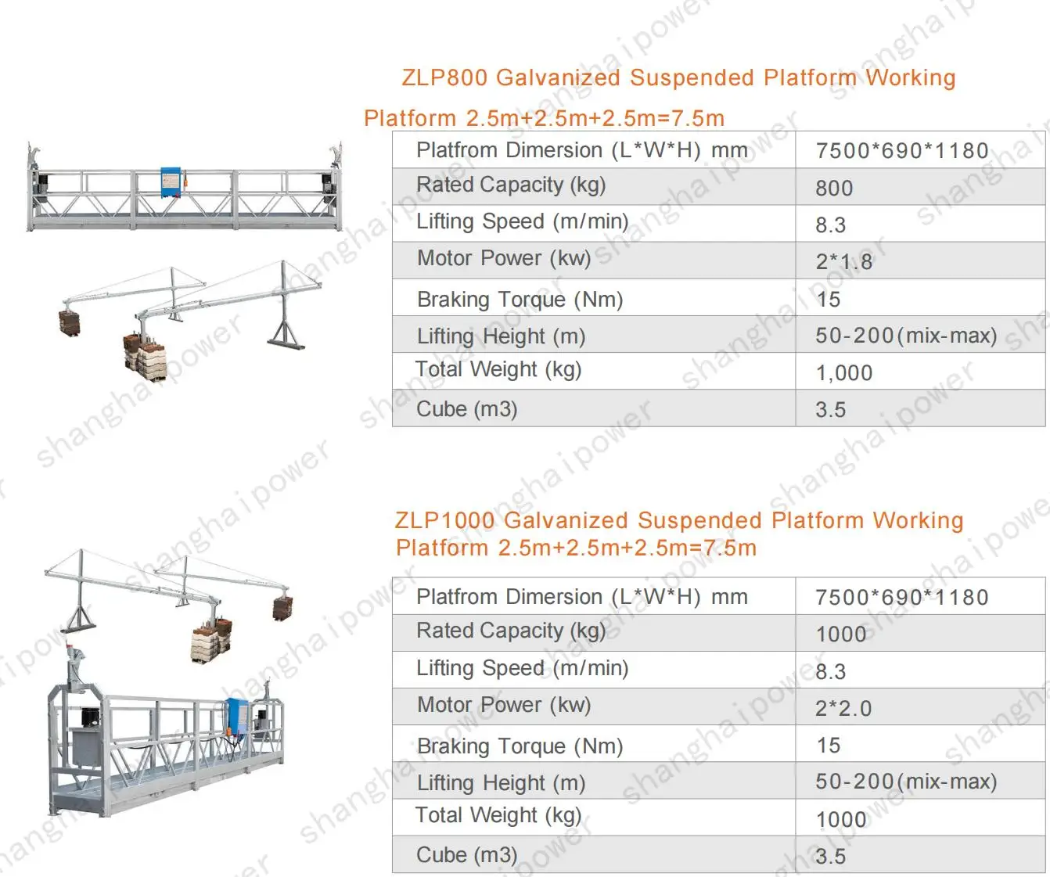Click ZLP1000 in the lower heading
tap(444, 520)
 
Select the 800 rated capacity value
tap(834, 189)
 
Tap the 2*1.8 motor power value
tap(843, 261)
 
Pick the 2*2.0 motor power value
tap(843, 709)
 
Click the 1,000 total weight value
tap(843, 373)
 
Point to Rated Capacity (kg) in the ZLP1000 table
tap(511, 631)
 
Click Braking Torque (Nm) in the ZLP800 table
tap(520, 300)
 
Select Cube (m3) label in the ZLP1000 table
tap(466, 855)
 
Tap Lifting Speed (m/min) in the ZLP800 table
tap(522, 221)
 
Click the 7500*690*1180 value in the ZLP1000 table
tap(901, 598)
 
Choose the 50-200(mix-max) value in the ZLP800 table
tap(906, 336)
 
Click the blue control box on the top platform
tap(171, 181)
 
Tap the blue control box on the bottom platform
tap(236, 715)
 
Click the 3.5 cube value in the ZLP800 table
tap(830, 410)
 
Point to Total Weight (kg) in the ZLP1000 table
tap(498, 815)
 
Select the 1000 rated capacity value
tap(841, 634)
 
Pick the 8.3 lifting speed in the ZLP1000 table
tap(830, 672)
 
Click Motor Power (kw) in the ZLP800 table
tap(504, 258)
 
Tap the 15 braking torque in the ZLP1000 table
tap(828, 746)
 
